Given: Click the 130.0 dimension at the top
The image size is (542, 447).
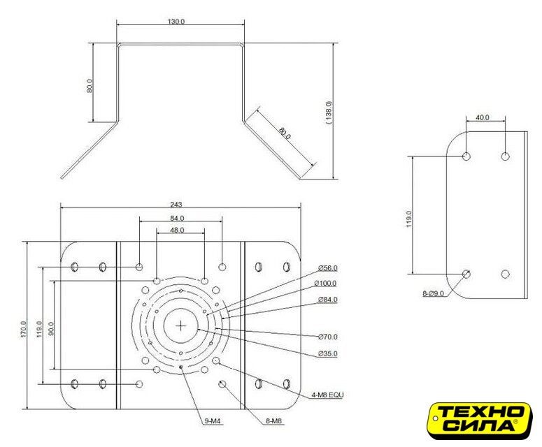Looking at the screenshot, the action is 176,22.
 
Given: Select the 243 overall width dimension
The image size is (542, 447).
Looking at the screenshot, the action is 176,205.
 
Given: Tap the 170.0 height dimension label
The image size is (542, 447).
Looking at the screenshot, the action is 24,329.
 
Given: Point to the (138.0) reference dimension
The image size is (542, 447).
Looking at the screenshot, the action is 329,113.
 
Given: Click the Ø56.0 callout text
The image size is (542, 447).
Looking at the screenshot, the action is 328,268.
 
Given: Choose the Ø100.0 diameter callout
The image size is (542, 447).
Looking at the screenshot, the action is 326,284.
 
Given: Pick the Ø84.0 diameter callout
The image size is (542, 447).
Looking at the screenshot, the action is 328,300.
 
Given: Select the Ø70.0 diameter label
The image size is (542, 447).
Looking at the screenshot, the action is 328,337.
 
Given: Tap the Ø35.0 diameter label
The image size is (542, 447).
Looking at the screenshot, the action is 328,353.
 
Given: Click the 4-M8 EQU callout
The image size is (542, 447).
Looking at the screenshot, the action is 328,395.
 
